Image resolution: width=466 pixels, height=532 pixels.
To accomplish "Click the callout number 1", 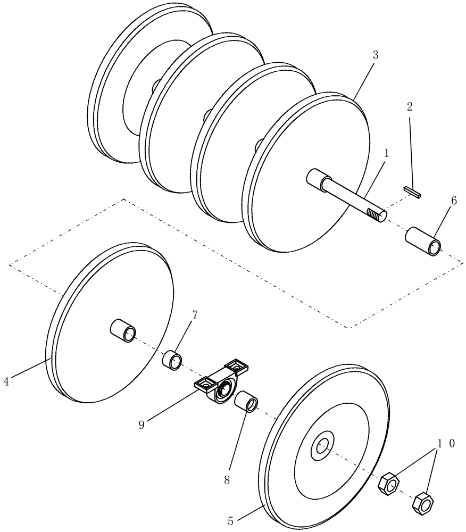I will [387, 154].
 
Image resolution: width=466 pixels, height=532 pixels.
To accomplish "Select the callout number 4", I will [6, 381].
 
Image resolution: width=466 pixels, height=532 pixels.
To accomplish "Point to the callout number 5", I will [230, 521].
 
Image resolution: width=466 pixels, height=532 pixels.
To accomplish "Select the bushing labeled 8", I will [246, 401].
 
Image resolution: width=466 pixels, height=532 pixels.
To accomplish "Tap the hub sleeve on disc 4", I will [123, 329].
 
